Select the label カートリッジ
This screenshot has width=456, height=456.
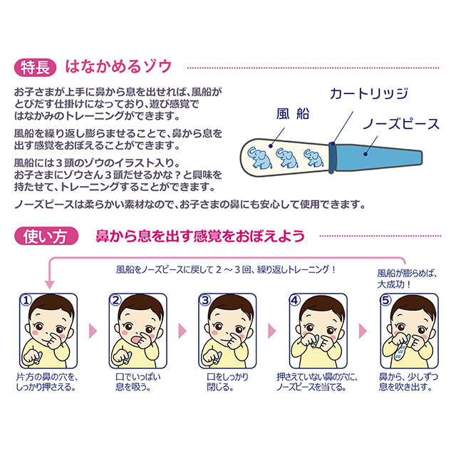pyautogui.click(x=359, y=93)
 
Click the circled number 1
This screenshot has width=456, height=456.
pyautogui.click(x=27, y=301)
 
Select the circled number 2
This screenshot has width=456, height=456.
pyautogui.click(x=115, y=301)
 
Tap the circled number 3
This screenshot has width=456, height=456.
pyautogui.click(x=204, y=301)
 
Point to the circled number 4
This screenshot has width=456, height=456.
pyautogui.click(x=294, y=301)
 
